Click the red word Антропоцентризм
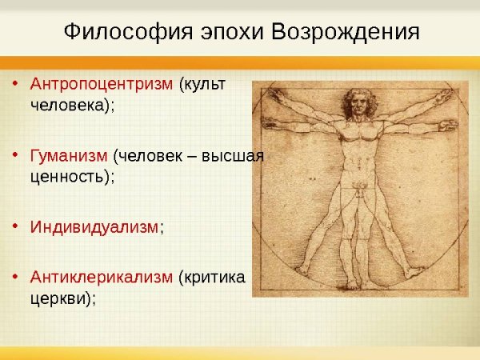point(102,84)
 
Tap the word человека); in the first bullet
point(73,106)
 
